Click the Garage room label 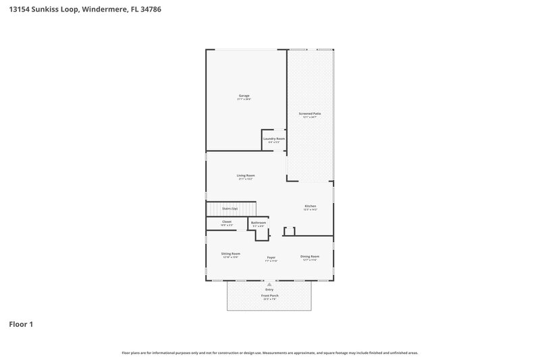click(x=244, y=95)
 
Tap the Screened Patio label click(x=310, y=113)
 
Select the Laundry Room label click(x=274, y=138)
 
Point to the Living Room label click(x=246, y=176)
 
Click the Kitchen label click(x=310, y=206)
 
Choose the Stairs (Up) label click(x=230, y=209)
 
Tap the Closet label click(x=227, y=222)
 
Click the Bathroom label click(x=259, y=223)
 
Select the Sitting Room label click(x=231, y=254)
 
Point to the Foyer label click(x=271, y=257)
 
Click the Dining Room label click(x=310, y=257)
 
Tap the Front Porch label click(x=269, y=296)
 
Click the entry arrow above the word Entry click(x=269, y=284)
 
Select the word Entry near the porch click(x=269, y=290)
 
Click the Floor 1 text click(x=21, y=324)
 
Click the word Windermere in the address click(x=99, y=10)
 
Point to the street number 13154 click(x=20, y=10)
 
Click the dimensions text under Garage click(x=244, y=99)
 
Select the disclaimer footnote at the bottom click(x=269, y=353)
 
